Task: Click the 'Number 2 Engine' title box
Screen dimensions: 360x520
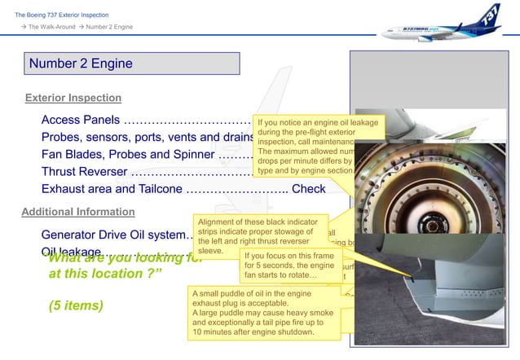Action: pyautogui.click(x=130, y=64)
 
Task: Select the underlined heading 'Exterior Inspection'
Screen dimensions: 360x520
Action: pyautogui.click(x=73, y=99)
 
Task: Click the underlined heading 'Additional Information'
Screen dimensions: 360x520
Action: pyautogui.click(x=77, y=212)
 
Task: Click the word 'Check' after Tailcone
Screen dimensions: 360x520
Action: pyautogui.click(x=309, y=189)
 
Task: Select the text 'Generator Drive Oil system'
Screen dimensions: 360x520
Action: pyautogui.click(x=114, y=235)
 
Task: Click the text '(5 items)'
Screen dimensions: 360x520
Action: pyautogui.click(x=76, y=307)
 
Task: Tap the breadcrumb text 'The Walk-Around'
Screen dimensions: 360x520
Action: pyautogui.click(x=52, y=28)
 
